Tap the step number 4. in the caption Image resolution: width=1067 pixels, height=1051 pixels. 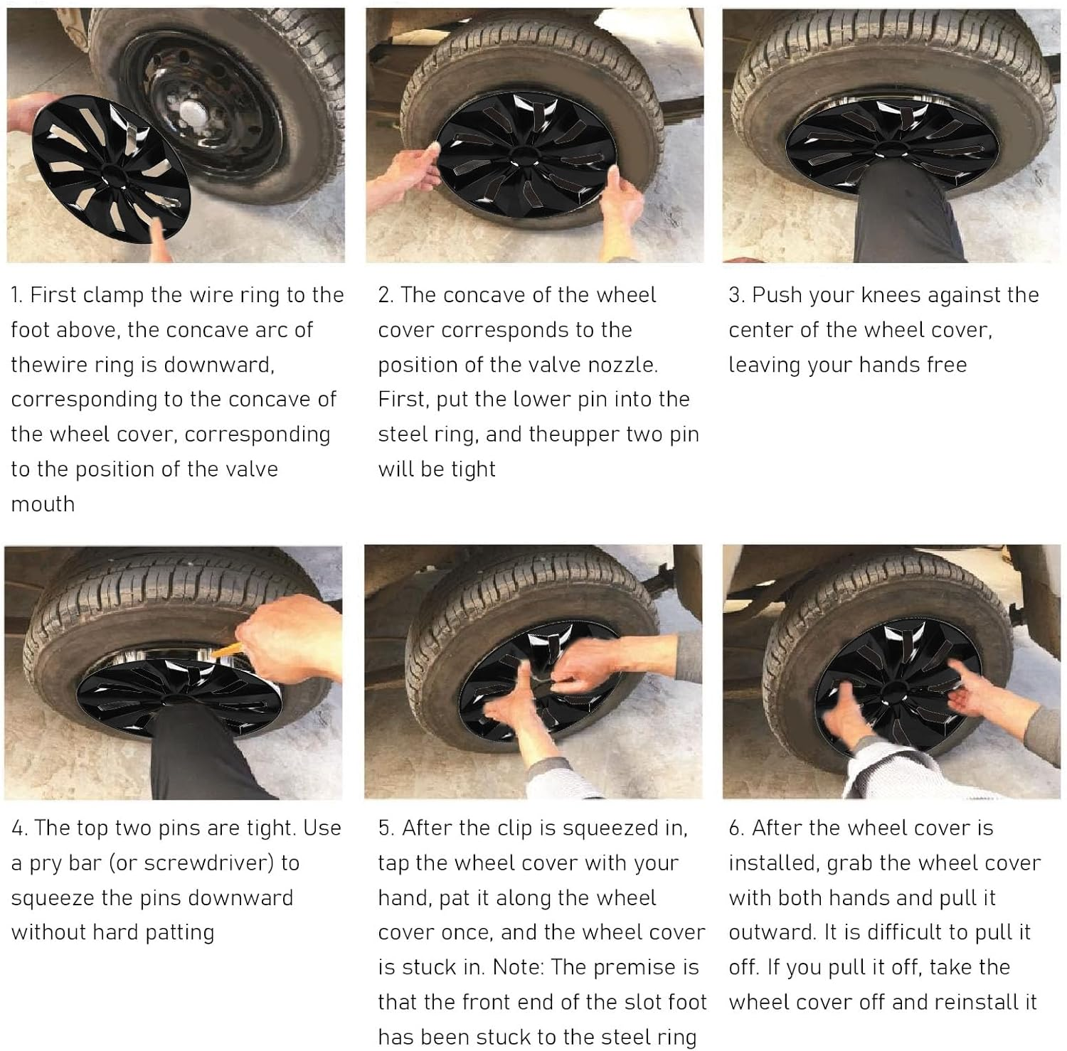19,828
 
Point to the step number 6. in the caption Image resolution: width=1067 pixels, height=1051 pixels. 737,828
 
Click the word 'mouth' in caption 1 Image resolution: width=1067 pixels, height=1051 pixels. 43,504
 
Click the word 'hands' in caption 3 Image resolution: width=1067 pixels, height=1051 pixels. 891,365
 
